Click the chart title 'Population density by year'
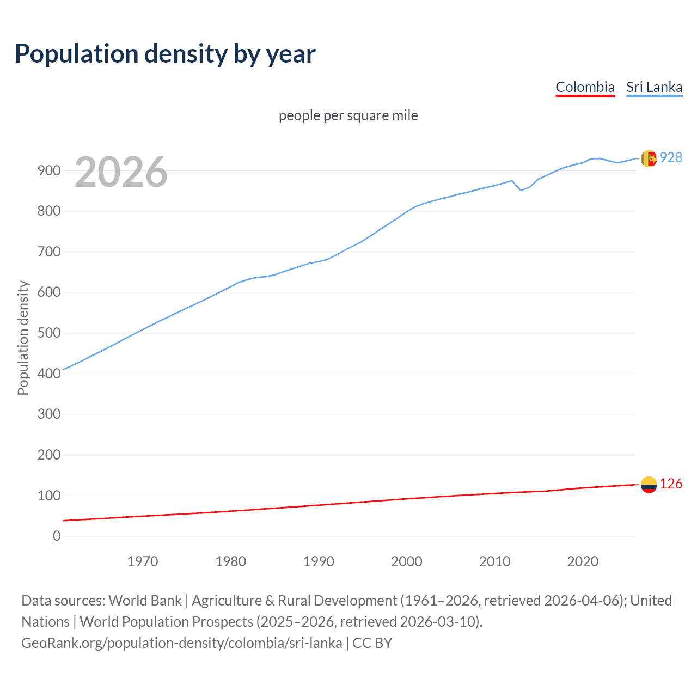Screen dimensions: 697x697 pyautogui.click(x=165, y=53)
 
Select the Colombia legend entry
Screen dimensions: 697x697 pyautogui.click(x=585, y=87)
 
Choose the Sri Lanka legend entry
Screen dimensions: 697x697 pyautogui.click(x=654, y=87)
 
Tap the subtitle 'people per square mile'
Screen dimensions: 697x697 pyautogui.click(x=348, y=115)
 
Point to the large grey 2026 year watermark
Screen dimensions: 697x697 pyautogui.click(x=121, y=172)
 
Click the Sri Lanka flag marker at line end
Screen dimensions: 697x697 pyautogui.click(x=648, y=158)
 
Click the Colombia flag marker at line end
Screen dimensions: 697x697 pyautogui.click(x=649, y=484)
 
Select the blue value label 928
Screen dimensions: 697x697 pyautogui.click(x=671, y=157)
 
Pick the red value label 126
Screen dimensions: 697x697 pyautogui.click(x=671, y=484)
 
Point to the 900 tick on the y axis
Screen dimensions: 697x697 pyautogui.click(x=49, y=170)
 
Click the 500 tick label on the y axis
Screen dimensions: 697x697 pyautogui.click(x=49, y=333)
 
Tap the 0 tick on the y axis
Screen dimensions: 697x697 pyautogui.click(x=57, y=536)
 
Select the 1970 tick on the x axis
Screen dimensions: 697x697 pyautogui.click(x=143, y=561)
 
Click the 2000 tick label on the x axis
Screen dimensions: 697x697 pyautogui.click(x=407, y=561)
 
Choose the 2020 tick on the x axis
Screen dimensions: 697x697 pyautogui.click(x=583, y=561)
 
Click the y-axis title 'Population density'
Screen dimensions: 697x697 pyautogui.click(x=23, y=338)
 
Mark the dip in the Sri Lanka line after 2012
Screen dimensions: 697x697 pyautogui.click(x=521, y=190)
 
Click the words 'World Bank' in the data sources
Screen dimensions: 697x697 pyautogui.click(x=145, y=600)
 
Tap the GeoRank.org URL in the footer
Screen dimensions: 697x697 pyautogui.click(x=182, y=643)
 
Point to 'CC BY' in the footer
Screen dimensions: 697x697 pyautogui.click(x=372, y=643)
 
